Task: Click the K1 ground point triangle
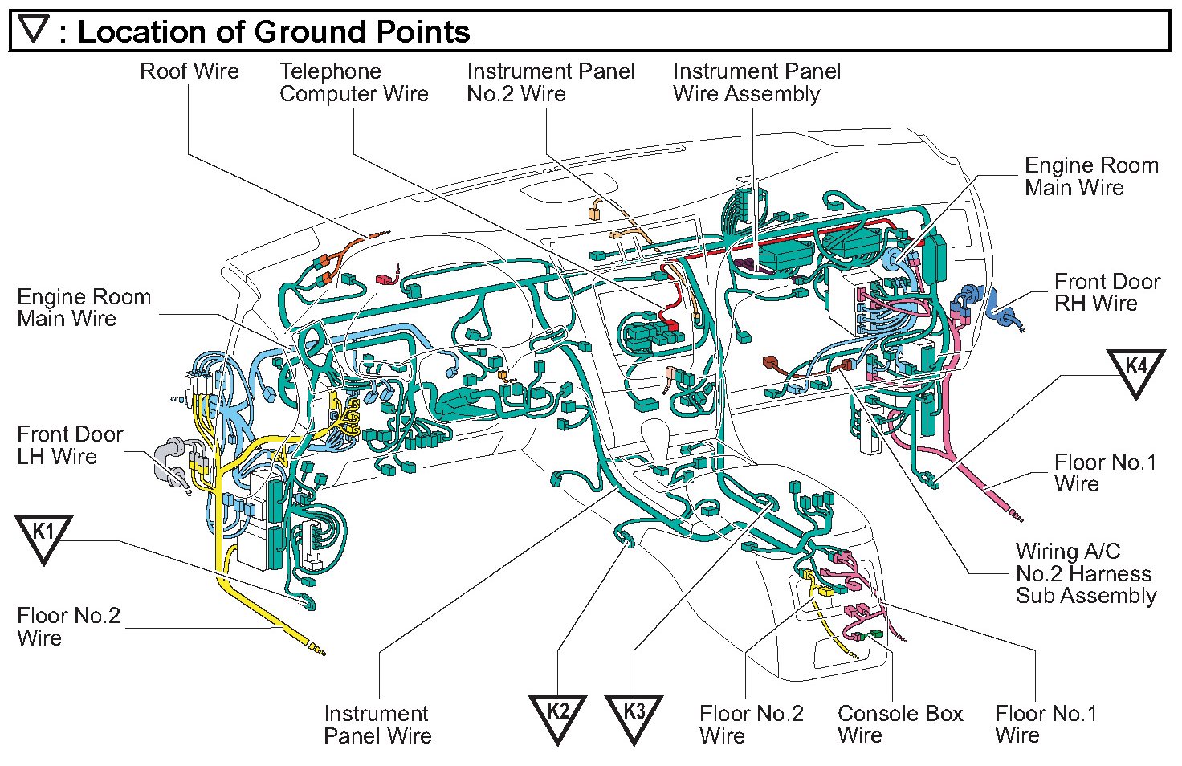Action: (x=43, y=536)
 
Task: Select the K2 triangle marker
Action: (x=558, y=715)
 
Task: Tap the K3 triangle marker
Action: (x=634, y=715)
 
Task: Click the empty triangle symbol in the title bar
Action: (x=35, y=31)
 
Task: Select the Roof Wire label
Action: (x=190, y=71)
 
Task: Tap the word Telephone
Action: (x=330, y=71)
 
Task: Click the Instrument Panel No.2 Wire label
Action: (x=550, y=83)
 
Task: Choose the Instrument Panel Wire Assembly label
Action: (x=756, y=83)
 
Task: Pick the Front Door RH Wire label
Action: (x=1107, y=292)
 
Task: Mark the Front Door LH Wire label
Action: (x=70, y=446)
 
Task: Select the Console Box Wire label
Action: (x=899, y=724)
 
